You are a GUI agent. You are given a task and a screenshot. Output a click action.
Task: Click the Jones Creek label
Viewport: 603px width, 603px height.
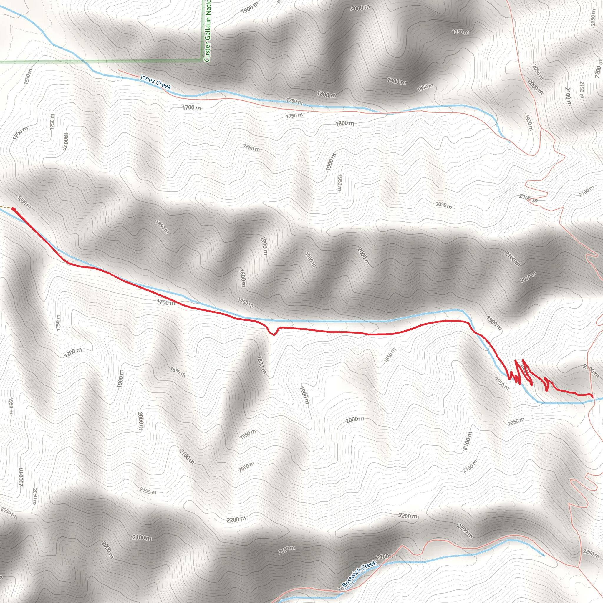pyautogui.click(x=155, y=82)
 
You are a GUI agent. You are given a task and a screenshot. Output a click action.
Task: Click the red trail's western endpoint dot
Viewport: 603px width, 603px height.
pyautogui.click(x=14, y=208)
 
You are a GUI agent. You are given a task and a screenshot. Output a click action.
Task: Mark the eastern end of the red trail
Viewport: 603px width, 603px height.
pyautogui.click(x=592, y=397)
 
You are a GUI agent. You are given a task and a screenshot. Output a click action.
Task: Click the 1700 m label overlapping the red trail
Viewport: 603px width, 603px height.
pyautogui.click(x=166, y=302)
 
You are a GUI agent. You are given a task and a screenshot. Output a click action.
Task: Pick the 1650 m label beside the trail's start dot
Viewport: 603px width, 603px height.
pyautogui.click(x=24, y=202)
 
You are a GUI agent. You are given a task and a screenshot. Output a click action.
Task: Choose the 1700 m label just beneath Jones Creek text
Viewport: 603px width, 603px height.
pyautogui.click(x=191, y=108)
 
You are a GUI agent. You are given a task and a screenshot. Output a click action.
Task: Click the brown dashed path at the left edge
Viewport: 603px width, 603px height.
pyautogui.click(x=5, y=207)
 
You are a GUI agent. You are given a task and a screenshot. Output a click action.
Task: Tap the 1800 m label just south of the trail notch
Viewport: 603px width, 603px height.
pyautogui.click(x=261, y=364)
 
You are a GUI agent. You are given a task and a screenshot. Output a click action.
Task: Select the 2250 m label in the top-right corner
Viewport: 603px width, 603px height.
pyautogui.click(x=593, y=17)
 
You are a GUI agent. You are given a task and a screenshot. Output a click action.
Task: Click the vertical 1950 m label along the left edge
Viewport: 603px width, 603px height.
pyautogui.click(x=11, y=406)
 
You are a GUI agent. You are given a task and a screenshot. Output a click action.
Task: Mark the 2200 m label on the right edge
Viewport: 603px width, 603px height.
pyautogui.click(x=598, y=69)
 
